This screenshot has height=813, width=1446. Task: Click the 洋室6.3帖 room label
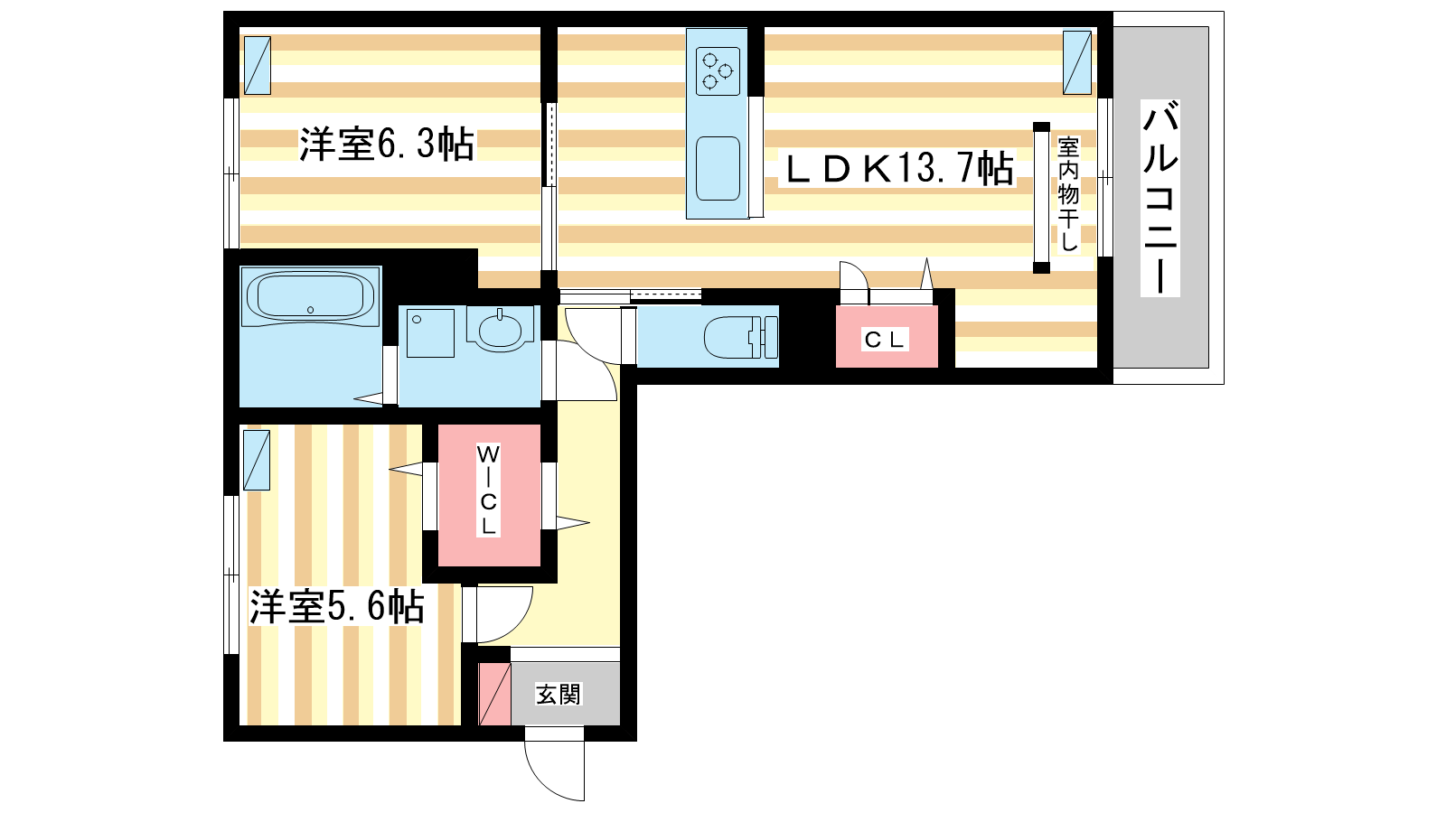pyautogui.click(x=387, y=144)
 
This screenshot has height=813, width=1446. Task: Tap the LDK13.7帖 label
pyautogui.click(x=898, y=168)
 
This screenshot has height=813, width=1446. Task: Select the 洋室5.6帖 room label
pyautogui.click(x=337, y=606)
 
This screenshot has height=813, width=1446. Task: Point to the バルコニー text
pyautogui.click(x=1160, y=198)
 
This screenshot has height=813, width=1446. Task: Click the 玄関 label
pyautogui.click(x=559, y=695)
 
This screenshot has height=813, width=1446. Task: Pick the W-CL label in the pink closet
pyautogui.click(x=488, y=490)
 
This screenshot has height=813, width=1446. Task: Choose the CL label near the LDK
pyautogui.click(x=886, y=340)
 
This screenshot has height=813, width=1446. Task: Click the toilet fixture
pyautogui.click(x=740, y=337)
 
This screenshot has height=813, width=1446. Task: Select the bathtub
pyautogui.click(x=310, y=297)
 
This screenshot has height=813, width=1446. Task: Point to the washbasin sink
pyautogui.click(x=499, y=329)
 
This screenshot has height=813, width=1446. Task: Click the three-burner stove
pyautogui.click(x=718, y=71)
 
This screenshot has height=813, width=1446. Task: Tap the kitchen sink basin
pyautogui.click(x=718, y=168)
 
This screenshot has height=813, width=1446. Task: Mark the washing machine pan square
pyautogui.click(x=430, y=333)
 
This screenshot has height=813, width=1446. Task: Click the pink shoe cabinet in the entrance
pyautogui.click(x=494, y=694)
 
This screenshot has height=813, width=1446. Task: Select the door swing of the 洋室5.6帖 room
pyautogui.click(x=510, y=622)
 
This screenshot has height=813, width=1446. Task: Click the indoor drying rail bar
pyautogui.click(x=1041, y=198)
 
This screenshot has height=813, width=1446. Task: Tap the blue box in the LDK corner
pyautogui.click(x=1077, y=62)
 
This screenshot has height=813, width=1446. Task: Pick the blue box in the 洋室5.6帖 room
pyautogui.click(x=257, y=460)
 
